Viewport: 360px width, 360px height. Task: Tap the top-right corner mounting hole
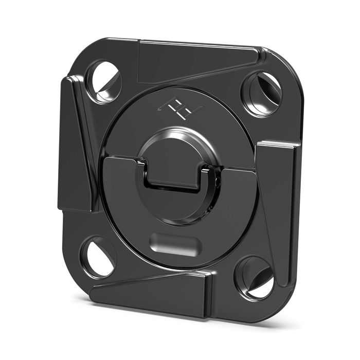click(262, 93)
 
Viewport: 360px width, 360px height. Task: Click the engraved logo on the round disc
click(179, 107)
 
